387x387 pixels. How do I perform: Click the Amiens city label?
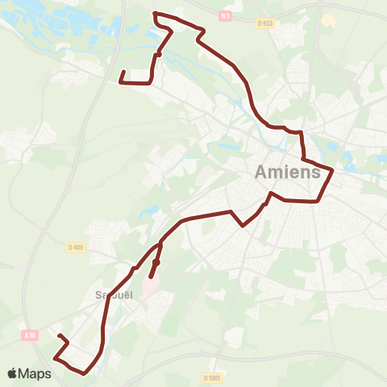pos(289,172)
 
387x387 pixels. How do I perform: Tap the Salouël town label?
pos(114,294)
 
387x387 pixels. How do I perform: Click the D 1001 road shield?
pos(212,377)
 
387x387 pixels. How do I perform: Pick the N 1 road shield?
pos(225,14)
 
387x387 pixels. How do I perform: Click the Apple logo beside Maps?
pos(14,373)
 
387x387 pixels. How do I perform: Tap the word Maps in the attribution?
pos(35,373)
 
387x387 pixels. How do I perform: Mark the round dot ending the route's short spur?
pos(156,262)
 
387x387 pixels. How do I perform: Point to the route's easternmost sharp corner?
pos(332,169)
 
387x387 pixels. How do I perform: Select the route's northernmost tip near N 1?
pos(154,14)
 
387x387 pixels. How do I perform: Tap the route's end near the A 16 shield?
pos(60,335)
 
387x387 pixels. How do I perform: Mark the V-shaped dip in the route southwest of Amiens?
pos(243,226)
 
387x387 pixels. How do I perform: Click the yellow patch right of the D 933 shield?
pos(327,19)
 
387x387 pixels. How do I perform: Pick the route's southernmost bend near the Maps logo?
pos(84,372)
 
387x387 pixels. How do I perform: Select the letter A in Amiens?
pos(263,172)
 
